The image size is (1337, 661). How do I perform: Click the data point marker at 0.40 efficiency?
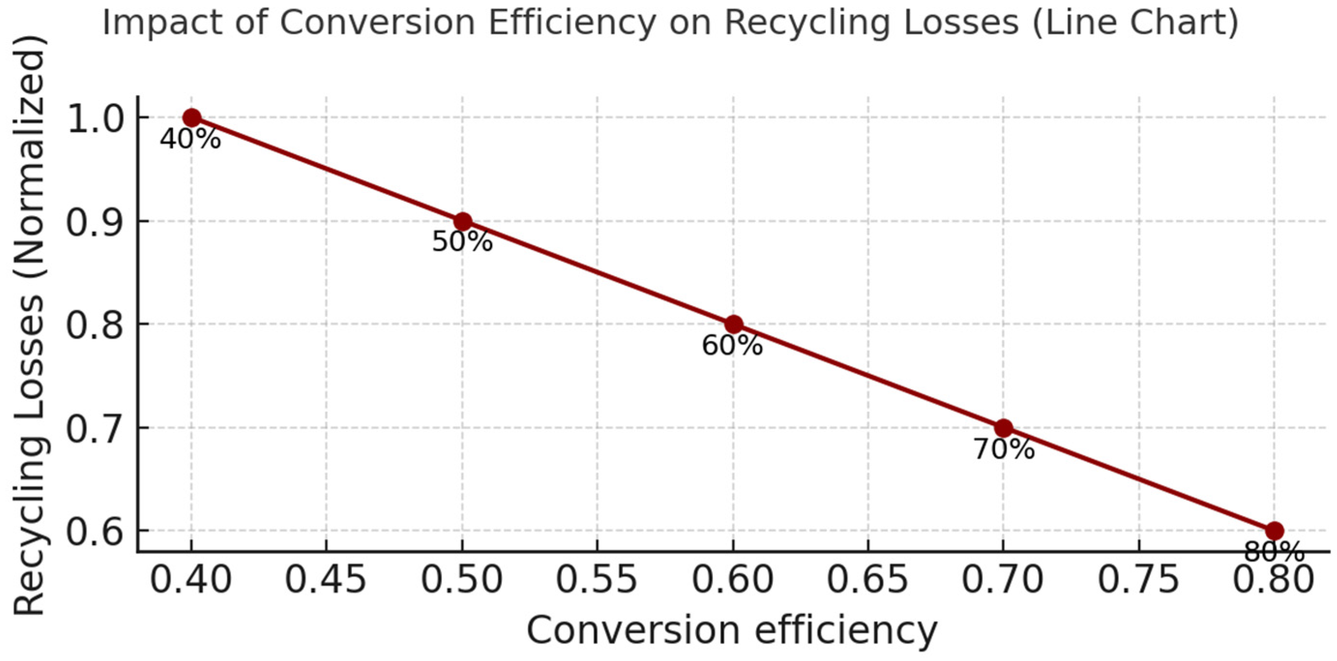click(x=191, y=118)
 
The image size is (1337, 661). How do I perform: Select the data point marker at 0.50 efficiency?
click(x=462, y=221)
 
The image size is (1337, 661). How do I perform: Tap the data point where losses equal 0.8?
click(x=734, y=325)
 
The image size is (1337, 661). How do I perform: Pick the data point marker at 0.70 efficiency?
click(x=1004, y=428)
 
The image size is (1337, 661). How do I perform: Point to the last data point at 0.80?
click(x=1274, y=531)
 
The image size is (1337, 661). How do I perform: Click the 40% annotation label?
click(x=190, y=139)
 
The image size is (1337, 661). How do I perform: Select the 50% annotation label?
click(x=462, y=242)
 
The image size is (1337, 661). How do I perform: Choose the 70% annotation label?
click(x=1004, y=449)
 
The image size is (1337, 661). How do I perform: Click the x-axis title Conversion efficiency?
click(x=732, y=631)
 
